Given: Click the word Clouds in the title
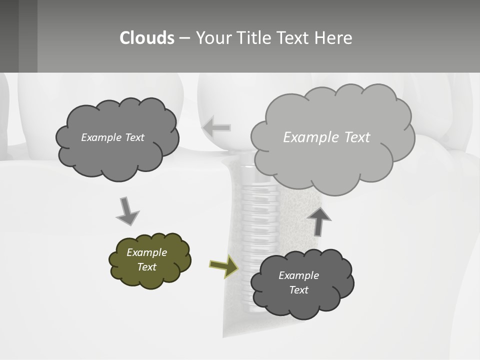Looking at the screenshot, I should coord(147,37).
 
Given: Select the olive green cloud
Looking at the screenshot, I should coord(150,260).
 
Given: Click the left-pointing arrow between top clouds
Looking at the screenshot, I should coord(216,127).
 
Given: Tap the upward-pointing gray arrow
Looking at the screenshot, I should coord(318,220).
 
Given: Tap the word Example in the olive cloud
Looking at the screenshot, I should coord(147,252).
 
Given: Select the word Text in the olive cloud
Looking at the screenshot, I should coord(147,267).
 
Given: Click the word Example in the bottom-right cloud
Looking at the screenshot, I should coord(298,275).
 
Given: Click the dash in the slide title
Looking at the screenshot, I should coord(184,38).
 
